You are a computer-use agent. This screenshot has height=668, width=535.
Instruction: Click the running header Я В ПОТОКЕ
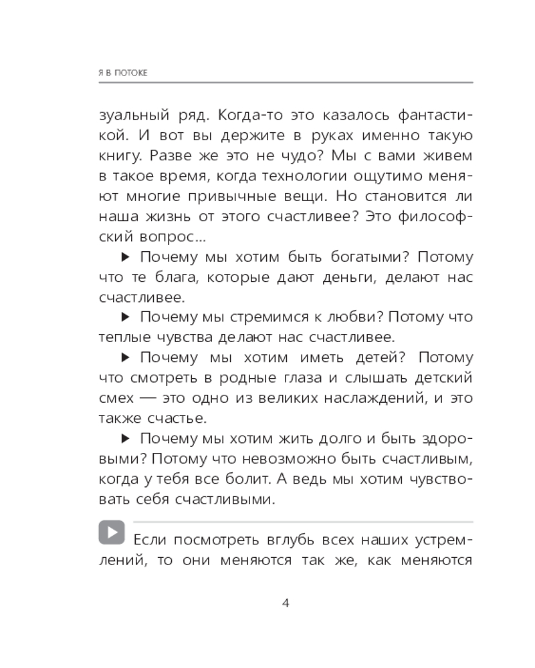(122, 71)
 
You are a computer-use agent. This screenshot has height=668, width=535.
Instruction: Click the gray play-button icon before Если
(112, 532)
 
